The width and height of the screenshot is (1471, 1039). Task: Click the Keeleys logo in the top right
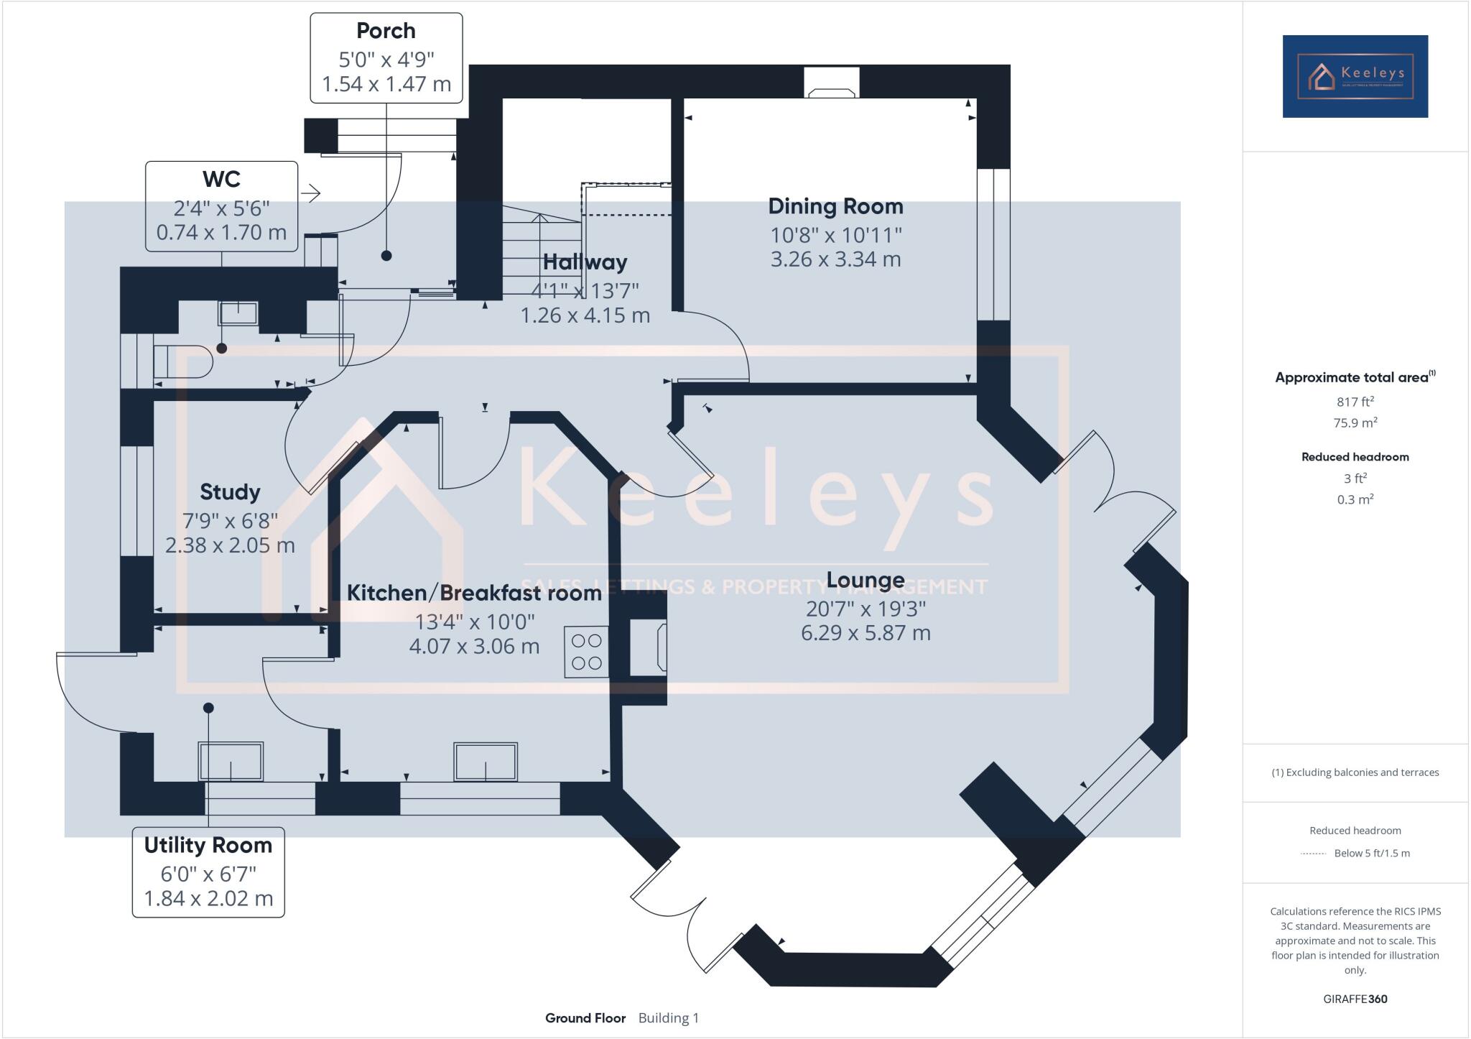1355,76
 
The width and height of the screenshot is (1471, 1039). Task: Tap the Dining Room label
835,206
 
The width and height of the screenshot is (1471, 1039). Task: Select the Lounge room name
865,579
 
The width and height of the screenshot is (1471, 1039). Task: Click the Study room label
230,491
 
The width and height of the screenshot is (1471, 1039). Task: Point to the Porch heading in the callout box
386,31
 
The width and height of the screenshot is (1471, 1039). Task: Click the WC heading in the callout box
221,179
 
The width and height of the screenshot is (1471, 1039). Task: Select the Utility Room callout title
208,845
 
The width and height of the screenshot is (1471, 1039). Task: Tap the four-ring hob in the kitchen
586,652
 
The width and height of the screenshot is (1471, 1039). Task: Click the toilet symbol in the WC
183,361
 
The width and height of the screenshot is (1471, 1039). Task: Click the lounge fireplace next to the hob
648,648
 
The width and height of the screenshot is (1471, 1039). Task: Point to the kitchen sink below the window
486,762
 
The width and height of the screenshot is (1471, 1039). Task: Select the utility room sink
231,762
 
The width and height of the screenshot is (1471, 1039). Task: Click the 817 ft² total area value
1355,402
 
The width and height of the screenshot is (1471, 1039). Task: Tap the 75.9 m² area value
1355,422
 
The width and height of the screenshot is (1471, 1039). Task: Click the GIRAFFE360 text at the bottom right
1355,999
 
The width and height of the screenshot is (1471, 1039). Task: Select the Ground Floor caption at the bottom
585,1018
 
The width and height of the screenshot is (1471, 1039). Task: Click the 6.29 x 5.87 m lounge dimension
866,633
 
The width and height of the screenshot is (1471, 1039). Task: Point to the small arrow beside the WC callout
311,193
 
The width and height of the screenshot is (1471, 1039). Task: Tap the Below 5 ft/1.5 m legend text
1372,854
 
